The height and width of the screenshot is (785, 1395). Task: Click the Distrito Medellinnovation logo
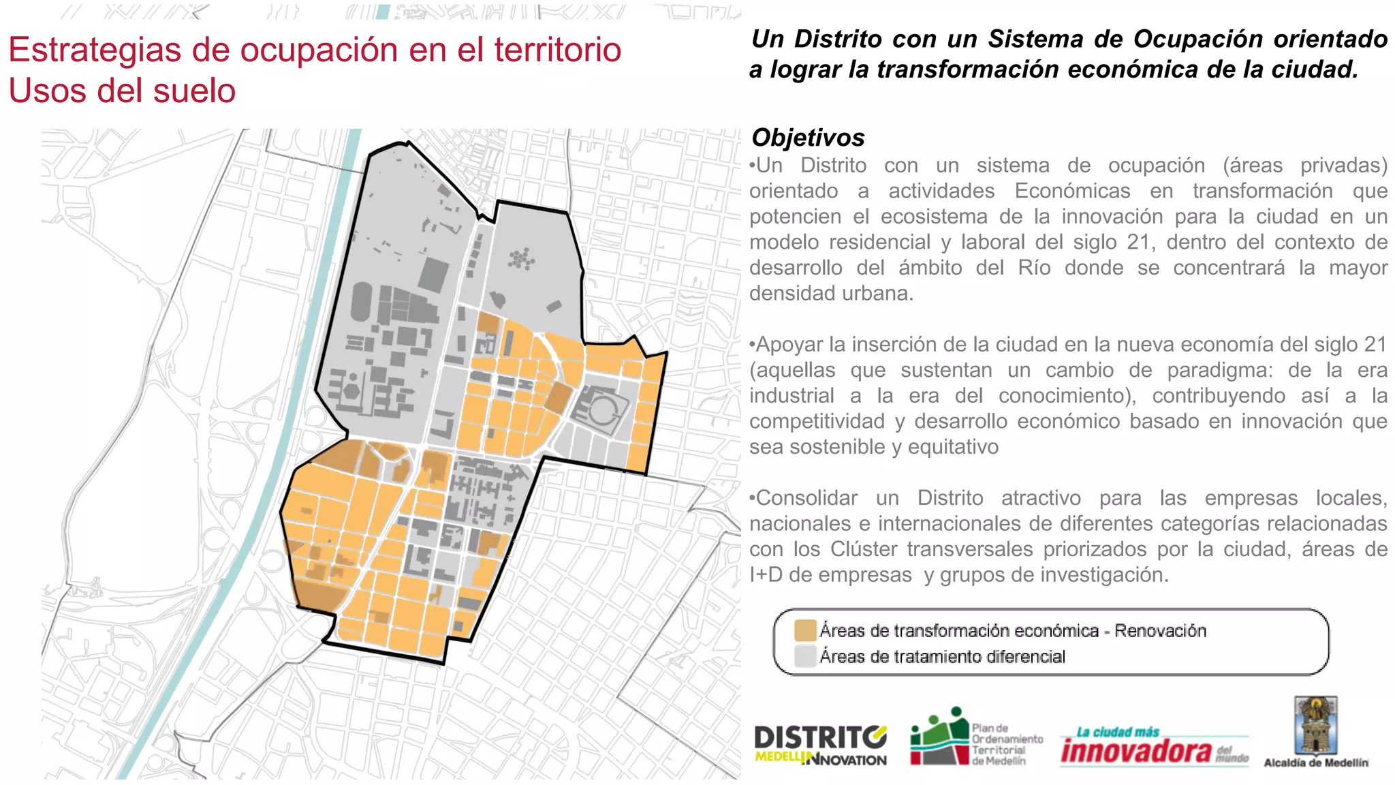[820, 745]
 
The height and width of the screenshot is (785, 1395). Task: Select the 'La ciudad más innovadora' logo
[1154, 748]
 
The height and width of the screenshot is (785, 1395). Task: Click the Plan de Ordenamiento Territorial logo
[976, 738]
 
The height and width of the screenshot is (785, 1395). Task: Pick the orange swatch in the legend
[805, 630]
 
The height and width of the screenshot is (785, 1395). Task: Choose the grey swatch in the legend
[805, 656]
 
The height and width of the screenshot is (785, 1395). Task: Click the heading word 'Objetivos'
[808, 138]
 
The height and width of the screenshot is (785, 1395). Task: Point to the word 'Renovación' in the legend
[1160, 631]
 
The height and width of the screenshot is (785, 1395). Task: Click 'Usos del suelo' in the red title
[123, 91]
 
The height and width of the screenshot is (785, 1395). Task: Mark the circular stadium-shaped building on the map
[601, 411]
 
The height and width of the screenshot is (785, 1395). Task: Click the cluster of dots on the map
[521, 258]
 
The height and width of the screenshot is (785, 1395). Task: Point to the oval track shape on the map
[361, 303]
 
